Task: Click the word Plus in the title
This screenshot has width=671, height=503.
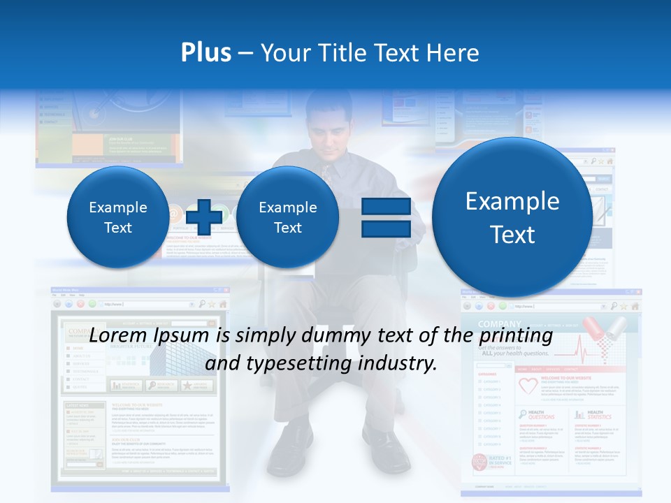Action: (x=205, y=53)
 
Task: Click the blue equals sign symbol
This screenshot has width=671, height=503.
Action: (x=385, y=217)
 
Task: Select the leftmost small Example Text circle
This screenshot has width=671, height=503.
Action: (x=117, y=217)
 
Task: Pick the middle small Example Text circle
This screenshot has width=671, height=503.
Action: (x=287, y=217)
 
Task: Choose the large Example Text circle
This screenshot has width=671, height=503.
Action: (x=512, y=217)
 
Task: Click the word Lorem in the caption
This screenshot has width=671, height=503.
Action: (x=113, y=336)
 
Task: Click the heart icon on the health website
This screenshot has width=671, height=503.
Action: (x=528, y=384)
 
